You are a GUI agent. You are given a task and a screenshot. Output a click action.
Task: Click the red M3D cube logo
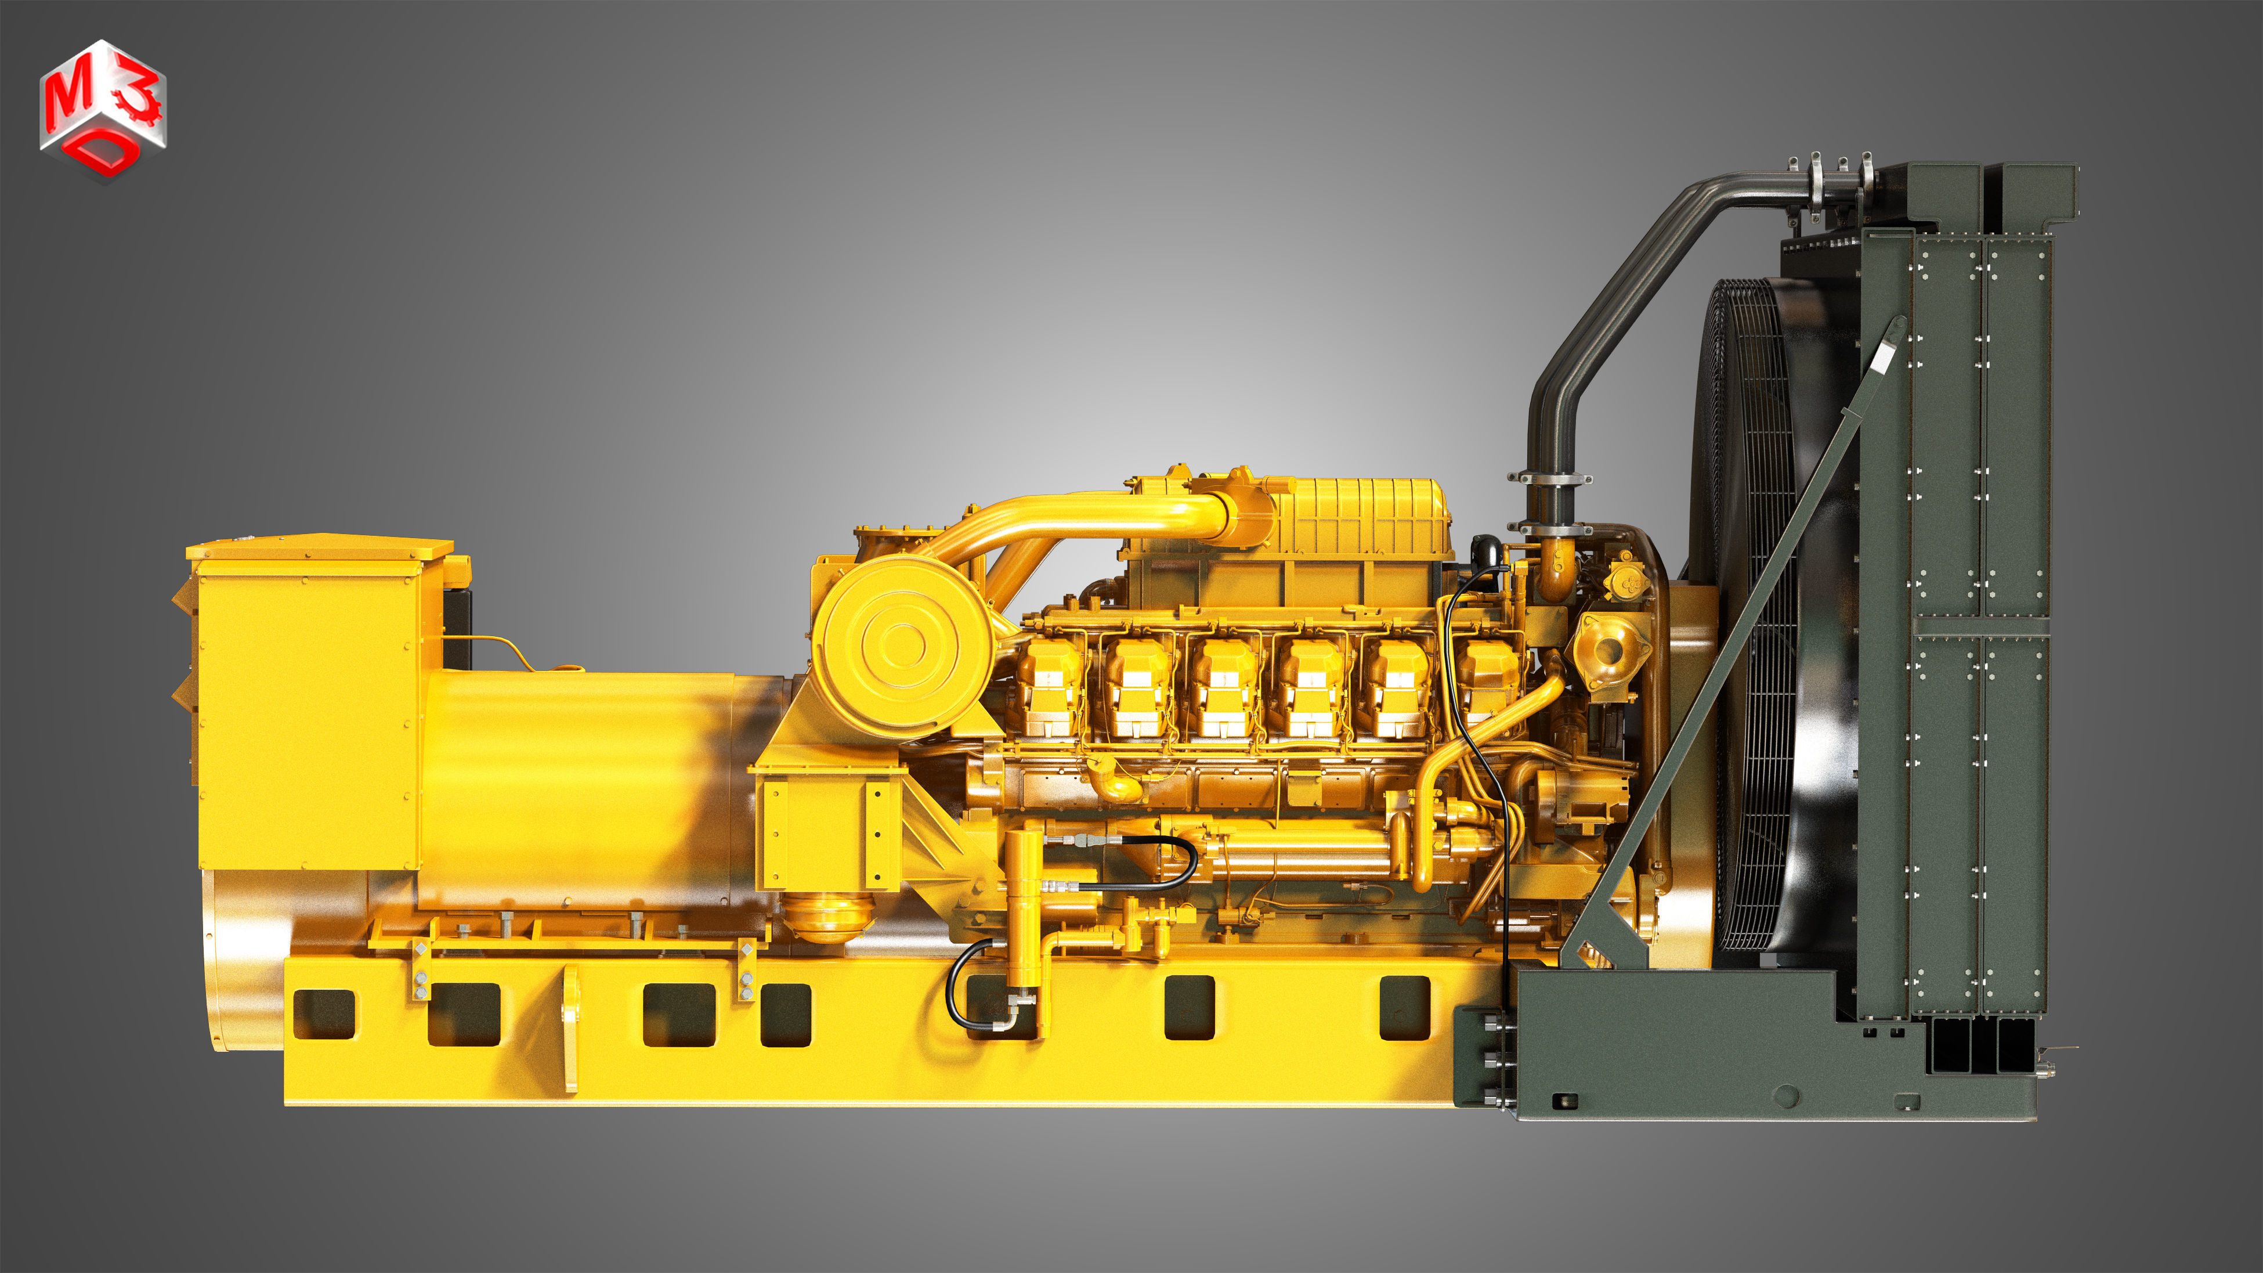click(x=103, y=110)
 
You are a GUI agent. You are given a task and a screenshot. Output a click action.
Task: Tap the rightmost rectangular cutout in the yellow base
click(x=1405, y=1008)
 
